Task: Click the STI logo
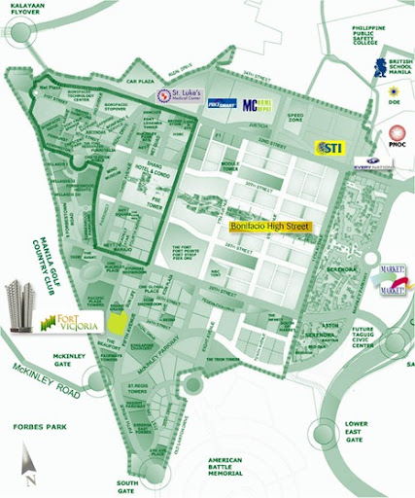click(x=329, y=147)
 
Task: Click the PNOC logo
click(x=398, y=136)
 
